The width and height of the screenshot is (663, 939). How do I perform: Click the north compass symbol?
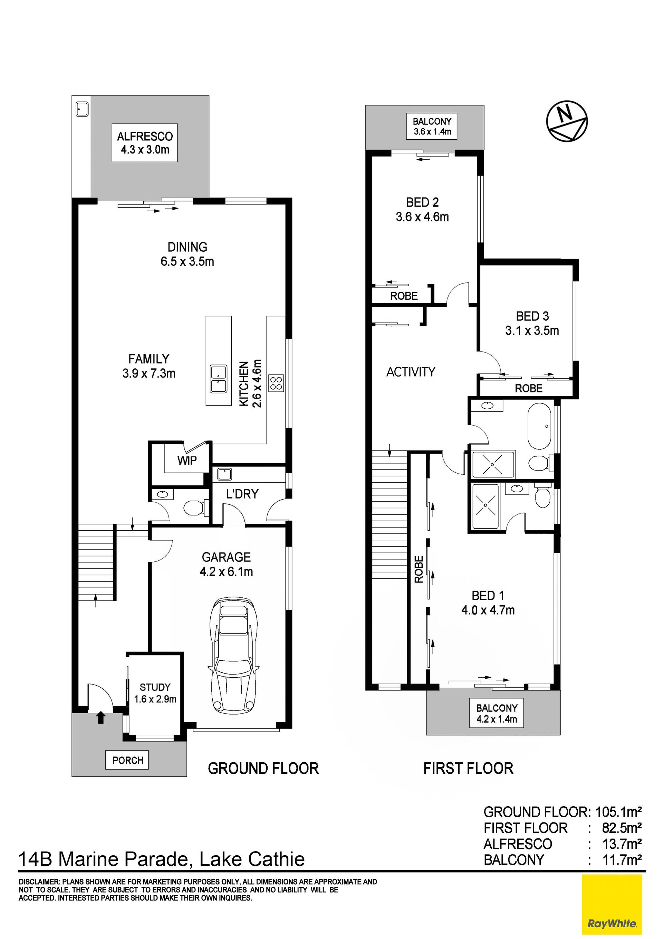pyautogui.click(x=567, y=121)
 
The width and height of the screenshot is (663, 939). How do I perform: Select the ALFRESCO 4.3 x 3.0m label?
pyautogui.click(x=145, y=142)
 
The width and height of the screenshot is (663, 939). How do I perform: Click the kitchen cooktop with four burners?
pyautogui.click(x=276, y=383)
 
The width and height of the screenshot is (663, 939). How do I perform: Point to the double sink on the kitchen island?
pyautogui.click(x=219, y=379)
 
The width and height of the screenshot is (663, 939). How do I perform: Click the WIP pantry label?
pyautogui.click(x=187, y=461)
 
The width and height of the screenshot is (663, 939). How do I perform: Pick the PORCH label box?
pyautogui.click(x=128, y=760)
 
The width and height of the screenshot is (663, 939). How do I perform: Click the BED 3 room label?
pyautogui.click(x=532, y=323)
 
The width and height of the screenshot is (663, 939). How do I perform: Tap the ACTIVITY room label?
pyautogui.click(x=411, y=372)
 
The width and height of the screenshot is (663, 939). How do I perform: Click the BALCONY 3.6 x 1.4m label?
pyautogui.click(x=432, y=127)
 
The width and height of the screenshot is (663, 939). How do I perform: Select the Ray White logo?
pyautogui.click(x=612, y=909)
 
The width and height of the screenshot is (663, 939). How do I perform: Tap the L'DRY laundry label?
pyautogui.click(x=242, y=494)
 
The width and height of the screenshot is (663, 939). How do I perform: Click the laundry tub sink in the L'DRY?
pyautogui.click(x=225, y=474)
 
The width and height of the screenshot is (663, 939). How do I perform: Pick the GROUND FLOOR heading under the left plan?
pyautogui.click(x=263, y=769)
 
